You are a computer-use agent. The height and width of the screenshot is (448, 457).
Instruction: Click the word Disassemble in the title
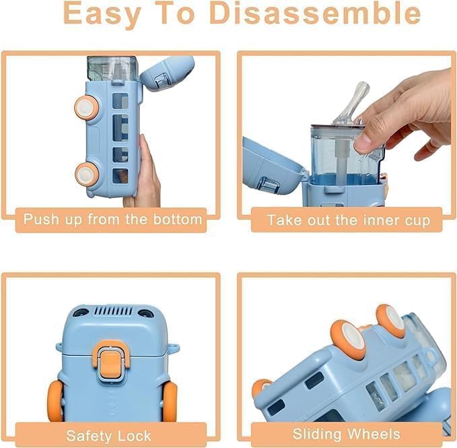coord(315,13)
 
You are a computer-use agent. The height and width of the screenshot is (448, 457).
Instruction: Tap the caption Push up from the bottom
coord(112,219)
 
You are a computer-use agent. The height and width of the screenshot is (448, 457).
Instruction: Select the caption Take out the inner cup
coord(349,220)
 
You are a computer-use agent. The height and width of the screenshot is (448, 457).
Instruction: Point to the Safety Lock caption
coord(109,435)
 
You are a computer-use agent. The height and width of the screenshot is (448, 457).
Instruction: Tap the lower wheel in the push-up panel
coord(85,173)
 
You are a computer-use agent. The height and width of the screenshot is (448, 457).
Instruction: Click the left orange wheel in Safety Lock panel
coord(57,402)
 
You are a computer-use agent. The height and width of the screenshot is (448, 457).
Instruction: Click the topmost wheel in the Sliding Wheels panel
coord(390,320)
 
